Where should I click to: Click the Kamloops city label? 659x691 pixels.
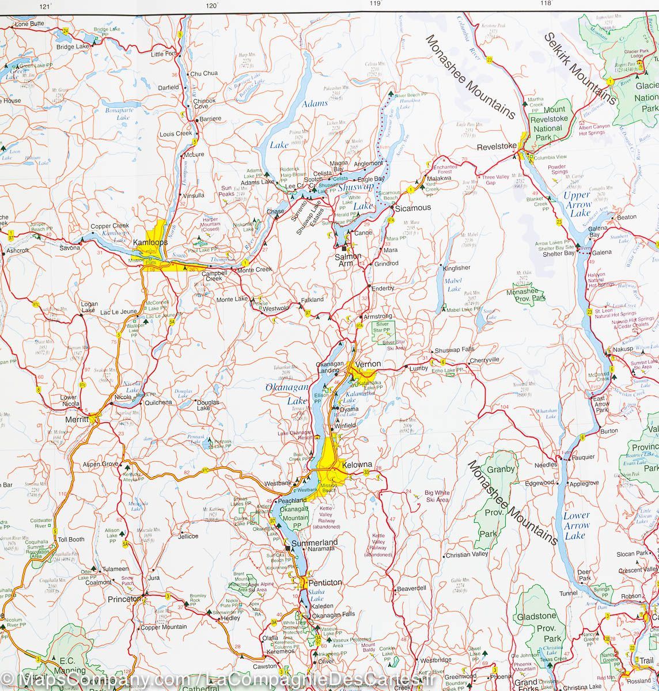pyautogui.click(x=150, y=242)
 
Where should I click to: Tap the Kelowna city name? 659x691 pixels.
pyautogui.click(x=357, y=464)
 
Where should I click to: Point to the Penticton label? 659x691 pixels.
pyautogui.click(x=325, y=582)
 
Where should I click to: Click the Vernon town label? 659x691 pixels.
pyautogui.click(x=369, y=364)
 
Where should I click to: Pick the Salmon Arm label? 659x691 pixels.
pyautogui.click(x=349, y=260)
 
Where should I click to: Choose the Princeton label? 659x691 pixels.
pyautogui.click(x=124, y=599)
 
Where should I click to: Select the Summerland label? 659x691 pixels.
pyautogui.click(x=315, y=542)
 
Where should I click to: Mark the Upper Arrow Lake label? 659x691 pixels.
pyautogui.click(x=578, y=204)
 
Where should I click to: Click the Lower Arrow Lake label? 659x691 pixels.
pyautogui.click(x=576, y=525)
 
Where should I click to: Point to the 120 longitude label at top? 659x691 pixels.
pyautogui.click(x=213, y=5)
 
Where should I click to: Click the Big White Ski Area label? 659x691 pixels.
pyautogui.click(x=437, y=496)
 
